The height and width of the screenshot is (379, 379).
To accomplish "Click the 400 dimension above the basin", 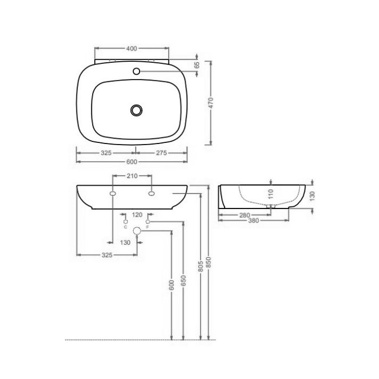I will coord(131,48).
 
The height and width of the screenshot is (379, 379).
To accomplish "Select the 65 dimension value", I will coord(197,64).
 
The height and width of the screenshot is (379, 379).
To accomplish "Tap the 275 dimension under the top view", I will coord(161,153).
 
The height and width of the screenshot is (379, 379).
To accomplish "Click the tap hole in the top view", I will coord(136,71).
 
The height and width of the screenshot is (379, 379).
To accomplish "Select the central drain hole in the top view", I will coord(136,110).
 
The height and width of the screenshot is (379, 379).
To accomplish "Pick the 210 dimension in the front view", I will coord(132,176).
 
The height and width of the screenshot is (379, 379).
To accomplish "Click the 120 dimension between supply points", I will coord(136,214).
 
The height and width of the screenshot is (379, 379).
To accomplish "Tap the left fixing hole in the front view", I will coord(113,193).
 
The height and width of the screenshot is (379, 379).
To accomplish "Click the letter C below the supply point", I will coord(126,227).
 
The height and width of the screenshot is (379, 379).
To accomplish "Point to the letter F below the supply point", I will coord(147,227).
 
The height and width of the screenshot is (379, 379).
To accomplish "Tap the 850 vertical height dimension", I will coord(208,263).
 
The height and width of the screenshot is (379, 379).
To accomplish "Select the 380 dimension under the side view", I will coord(252,221).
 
